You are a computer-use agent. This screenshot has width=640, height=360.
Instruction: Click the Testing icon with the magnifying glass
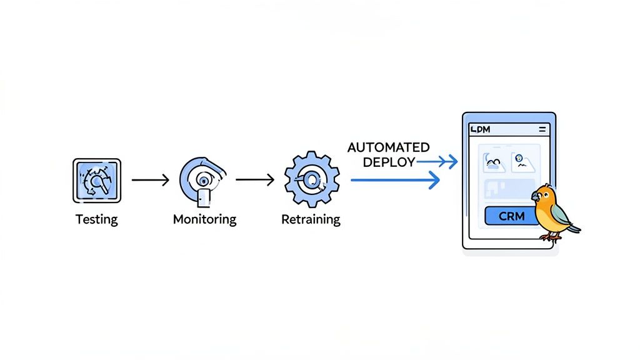pos(96,181)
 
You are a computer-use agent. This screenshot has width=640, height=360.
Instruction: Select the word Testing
pos(96,219)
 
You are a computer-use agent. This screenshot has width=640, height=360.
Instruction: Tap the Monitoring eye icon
pos(204,180)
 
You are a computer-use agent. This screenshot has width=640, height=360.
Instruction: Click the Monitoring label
pos(204,219)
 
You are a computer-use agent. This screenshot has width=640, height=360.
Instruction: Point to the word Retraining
pos(311,219)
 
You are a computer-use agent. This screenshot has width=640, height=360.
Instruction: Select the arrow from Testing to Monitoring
pos(150,180)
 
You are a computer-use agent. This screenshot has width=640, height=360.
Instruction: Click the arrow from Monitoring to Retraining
pos(256,180)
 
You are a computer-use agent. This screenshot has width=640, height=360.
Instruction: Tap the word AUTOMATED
pos(388,147)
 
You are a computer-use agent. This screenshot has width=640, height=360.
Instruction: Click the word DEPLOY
pos(389,162)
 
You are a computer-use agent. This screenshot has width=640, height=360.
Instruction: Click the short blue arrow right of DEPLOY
pos(437,162)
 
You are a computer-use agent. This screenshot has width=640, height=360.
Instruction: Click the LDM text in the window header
pos(480,129)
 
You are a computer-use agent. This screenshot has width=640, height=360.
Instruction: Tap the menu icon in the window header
pos(541,129)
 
